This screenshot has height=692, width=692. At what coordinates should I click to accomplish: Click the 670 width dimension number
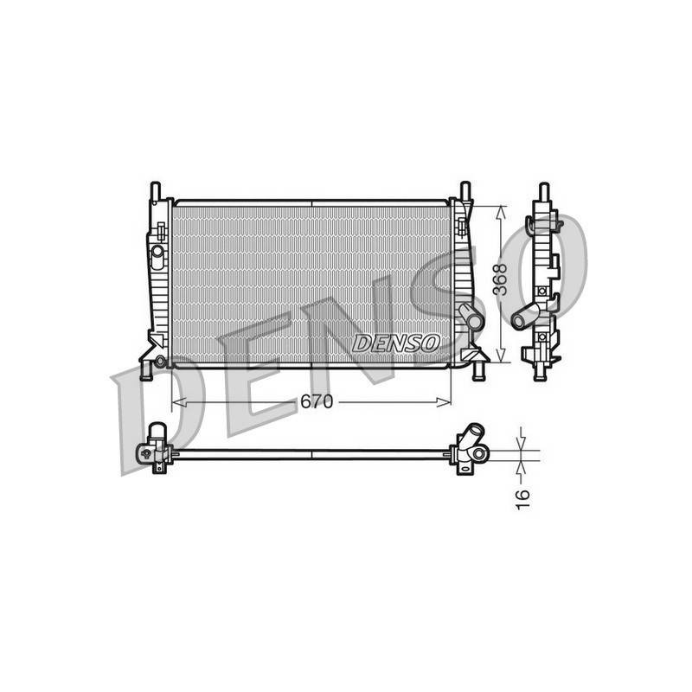point(317,401)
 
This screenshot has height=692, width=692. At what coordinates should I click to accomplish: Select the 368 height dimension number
point(500,279)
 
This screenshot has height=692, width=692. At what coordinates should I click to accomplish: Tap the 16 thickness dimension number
point(522,500)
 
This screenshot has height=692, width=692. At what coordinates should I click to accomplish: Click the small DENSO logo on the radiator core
point(396,343)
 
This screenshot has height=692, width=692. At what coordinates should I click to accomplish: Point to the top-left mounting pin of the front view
point(156,190)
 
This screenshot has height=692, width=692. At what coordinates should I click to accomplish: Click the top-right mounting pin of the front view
point(465,190)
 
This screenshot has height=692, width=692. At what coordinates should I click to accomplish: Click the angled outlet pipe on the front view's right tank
point(471,316)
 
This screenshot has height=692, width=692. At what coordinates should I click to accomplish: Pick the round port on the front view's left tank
point(157,252)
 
